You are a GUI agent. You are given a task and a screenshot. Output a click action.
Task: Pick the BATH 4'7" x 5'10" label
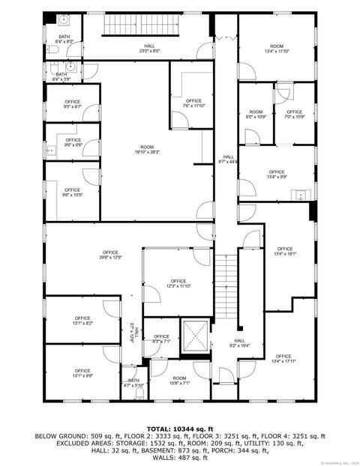(x=133, y=383)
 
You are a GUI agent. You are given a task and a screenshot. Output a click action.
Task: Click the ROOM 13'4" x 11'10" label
(x=277, y=49)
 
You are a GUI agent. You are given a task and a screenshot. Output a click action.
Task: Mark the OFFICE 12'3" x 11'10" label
(x=178, y=283)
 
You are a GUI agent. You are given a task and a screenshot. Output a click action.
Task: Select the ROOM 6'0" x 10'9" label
(x=256, y=115)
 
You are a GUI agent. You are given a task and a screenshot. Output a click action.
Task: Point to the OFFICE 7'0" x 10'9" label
(x=294, y=115)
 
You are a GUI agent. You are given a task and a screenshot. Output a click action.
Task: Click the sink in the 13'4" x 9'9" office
(x=301, y=196)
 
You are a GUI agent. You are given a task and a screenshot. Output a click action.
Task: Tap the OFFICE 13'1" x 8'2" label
(x=82, y=321)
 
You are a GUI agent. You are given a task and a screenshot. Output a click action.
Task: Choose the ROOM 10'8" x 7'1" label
(x=179, y=381)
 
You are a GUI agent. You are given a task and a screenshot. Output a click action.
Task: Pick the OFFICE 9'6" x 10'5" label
(x=72, y=193)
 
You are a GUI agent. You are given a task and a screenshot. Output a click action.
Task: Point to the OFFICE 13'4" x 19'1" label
(x=284, y=251)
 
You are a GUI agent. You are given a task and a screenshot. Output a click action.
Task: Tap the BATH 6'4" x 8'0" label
(x=64, y=39)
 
